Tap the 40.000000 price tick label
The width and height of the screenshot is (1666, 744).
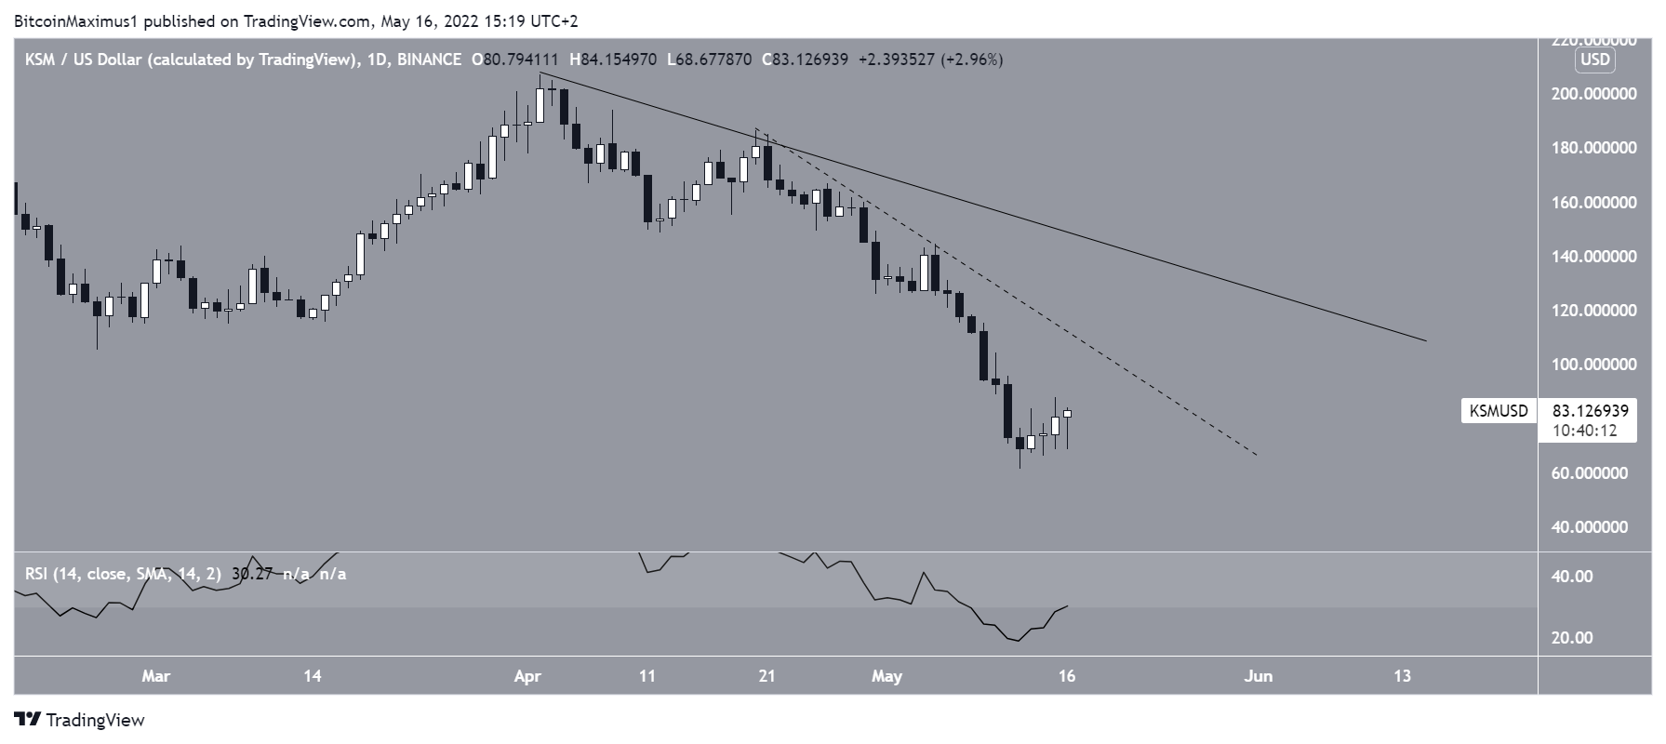1595,527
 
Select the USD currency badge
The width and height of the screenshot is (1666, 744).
1595,60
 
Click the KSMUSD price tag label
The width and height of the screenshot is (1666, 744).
1499,411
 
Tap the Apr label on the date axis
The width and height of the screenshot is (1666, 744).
527,676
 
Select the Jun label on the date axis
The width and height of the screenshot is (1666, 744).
1258,676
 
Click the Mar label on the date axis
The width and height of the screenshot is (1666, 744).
155,676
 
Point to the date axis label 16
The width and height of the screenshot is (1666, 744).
1067,676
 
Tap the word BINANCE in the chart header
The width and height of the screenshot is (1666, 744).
429,60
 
